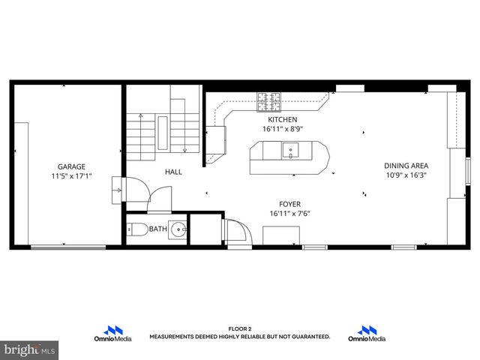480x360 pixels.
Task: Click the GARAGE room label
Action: (x=72, y=166)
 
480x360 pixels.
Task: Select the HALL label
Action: (x=173, y=172)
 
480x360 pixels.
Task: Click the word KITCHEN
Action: (x=282, y=119)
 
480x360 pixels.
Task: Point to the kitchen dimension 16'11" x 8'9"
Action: (x=282, y=129)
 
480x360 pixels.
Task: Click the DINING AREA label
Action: (x=406, y=166)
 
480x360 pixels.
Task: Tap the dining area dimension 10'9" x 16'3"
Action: (x=406, y=175)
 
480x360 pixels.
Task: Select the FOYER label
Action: (x=289, y=203)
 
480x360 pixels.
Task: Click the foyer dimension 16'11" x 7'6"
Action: (x=289, y=213)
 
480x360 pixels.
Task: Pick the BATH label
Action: (x=157, y=229)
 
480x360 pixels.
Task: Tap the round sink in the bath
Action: (x=178, y=229)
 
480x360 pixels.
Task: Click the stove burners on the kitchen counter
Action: (x=268, y=97)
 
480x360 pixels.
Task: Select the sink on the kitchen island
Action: (x=291, y=151)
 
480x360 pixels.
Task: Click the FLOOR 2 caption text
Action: (x=239, y=328)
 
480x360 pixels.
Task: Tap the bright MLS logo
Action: (x=28, y=349)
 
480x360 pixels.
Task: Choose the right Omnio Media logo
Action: (x=367, y=334)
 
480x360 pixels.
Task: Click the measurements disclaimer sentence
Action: (x=239, y=337)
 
